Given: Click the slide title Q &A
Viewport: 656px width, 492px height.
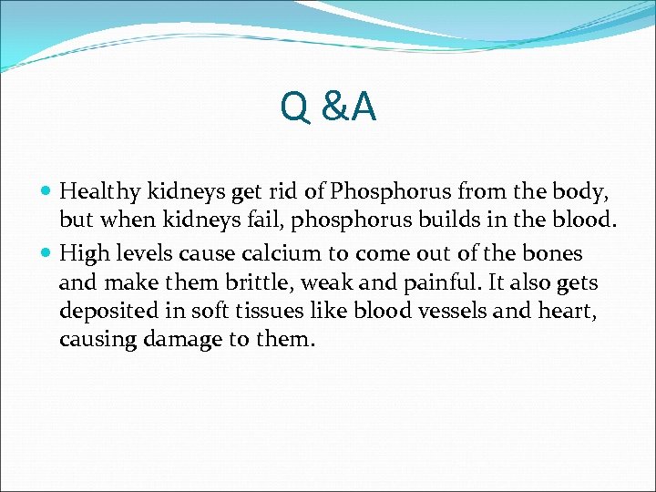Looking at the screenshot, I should pos(328,108).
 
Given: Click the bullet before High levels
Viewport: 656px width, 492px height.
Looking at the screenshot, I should pos(47,253).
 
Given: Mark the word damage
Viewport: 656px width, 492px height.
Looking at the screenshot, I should pos(175,340).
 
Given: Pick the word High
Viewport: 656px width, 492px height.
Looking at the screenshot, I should pos(81,252).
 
